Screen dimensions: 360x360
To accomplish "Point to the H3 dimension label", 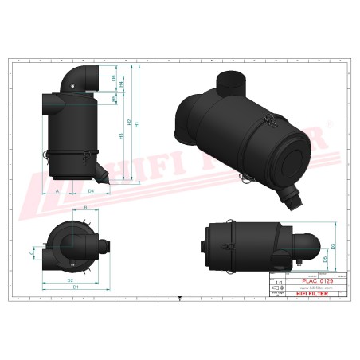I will click(121, 136).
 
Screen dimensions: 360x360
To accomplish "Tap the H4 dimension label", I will click(121, 84).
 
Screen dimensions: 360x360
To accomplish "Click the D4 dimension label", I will click(91, 192).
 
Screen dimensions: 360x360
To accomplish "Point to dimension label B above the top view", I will click(85, 208).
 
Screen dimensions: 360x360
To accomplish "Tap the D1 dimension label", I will click(76, 287).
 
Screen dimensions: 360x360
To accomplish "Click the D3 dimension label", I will click(334, 247).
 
